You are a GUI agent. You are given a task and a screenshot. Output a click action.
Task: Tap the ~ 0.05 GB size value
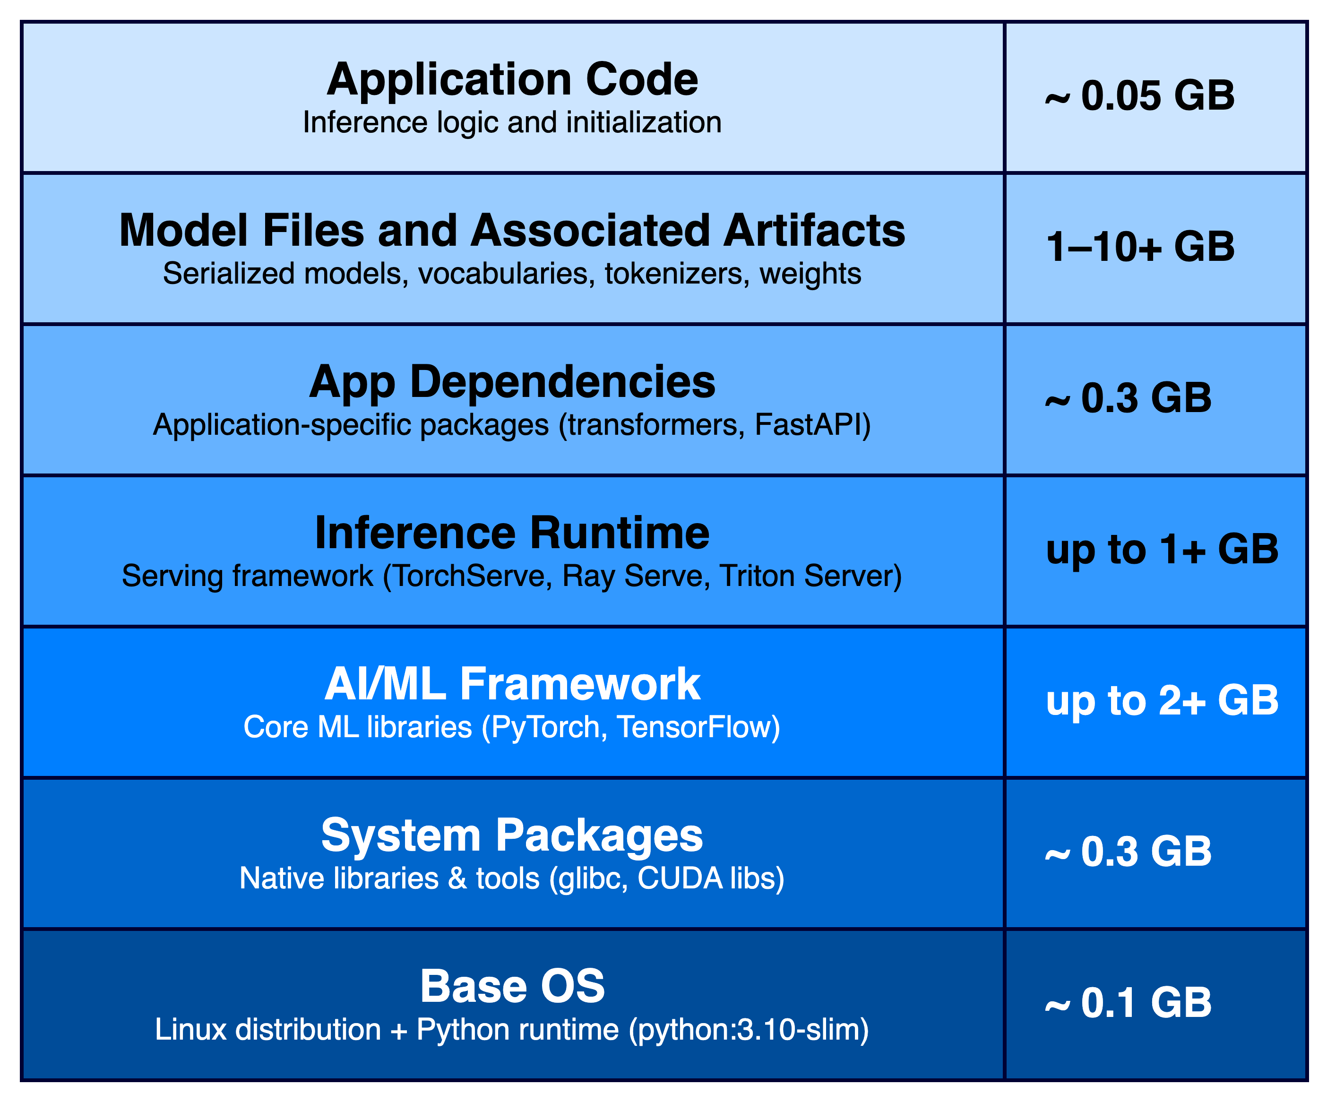pyautogui.click(x=1140, y=95)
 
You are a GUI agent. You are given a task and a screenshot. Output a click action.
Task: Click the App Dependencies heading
pyautogui.click(x=512, y=383)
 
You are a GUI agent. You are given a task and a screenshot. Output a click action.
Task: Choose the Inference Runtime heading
pyautogui.click(x=512, y=534)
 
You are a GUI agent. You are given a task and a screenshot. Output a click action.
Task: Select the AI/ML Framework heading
pyautogui.click(x=512, y=684)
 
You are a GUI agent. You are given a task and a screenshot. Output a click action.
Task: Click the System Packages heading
pyautogui.click(x=512, y=836)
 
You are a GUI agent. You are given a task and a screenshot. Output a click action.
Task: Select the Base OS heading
pyautogui.click(x=512, y=986)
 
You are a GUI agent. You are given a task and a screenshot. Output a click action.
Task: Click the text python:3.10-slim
pyautogui.click(x=749, y=1030)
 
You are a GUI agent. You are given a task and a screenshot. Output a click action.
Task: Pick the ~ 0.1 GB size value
pyautogui.click(x=1129, y=1003)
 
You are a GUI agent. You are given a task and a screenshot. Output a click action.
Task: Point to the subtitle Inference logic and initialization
pyautogui.click(x=512, y=122)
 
